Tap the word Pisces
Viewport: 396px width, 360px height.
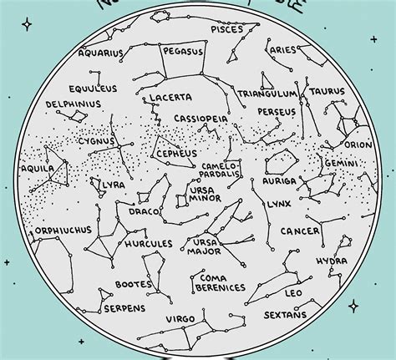tap(227, 29)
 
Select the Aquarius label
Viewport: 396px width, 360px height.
tap(101, 53)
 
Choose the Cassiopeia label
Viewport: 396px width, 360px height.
tap(201, 119)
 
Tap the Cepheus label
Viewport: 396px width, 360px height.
tap(177, 154)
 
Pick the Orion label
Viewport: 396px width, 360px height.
tap(358, 145)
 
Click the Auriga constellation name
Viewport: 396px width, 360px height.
tap(278, 180)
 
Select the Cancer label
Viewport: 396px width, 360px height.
tap(299, 231)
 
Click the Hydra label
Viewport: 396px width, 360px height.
tap(332, 261)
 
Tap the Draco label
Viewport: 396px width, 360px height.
tap(139, 211)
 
